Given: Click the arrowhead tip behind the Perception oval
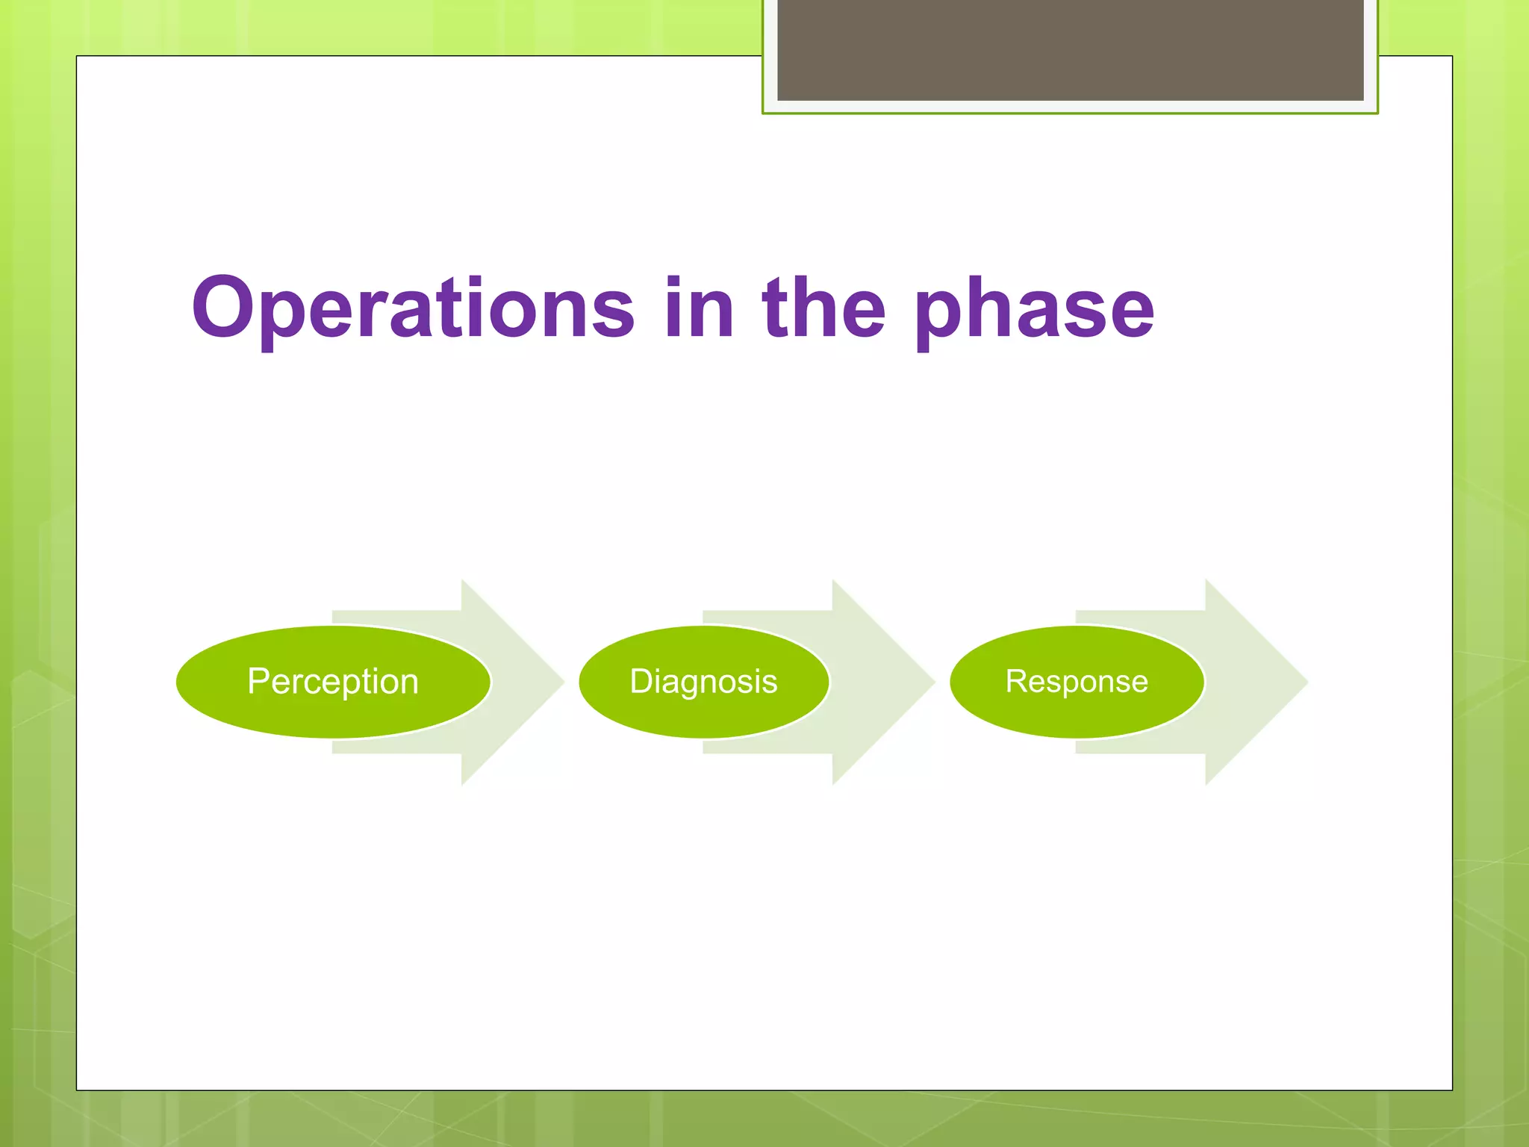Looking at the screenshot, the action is [564, 682].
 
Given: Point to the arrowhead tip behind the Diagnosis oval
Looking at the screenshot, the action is [935, 682].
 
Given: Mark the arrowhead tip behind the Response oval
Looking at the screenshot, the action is [1308, 682].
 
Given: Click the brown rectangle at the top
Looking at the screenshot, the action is [1071, 49].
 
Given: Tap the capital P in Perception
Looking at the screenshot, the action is [258, 681].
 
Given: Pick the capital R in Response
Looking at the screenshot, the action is [1018, 681].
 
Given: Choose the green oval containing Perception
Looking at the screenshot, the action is [333, 682].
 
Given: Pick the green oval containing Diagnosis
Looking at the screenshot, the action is [704, 682].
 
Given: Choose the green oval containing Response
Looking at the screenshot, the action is [1077, 682].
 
